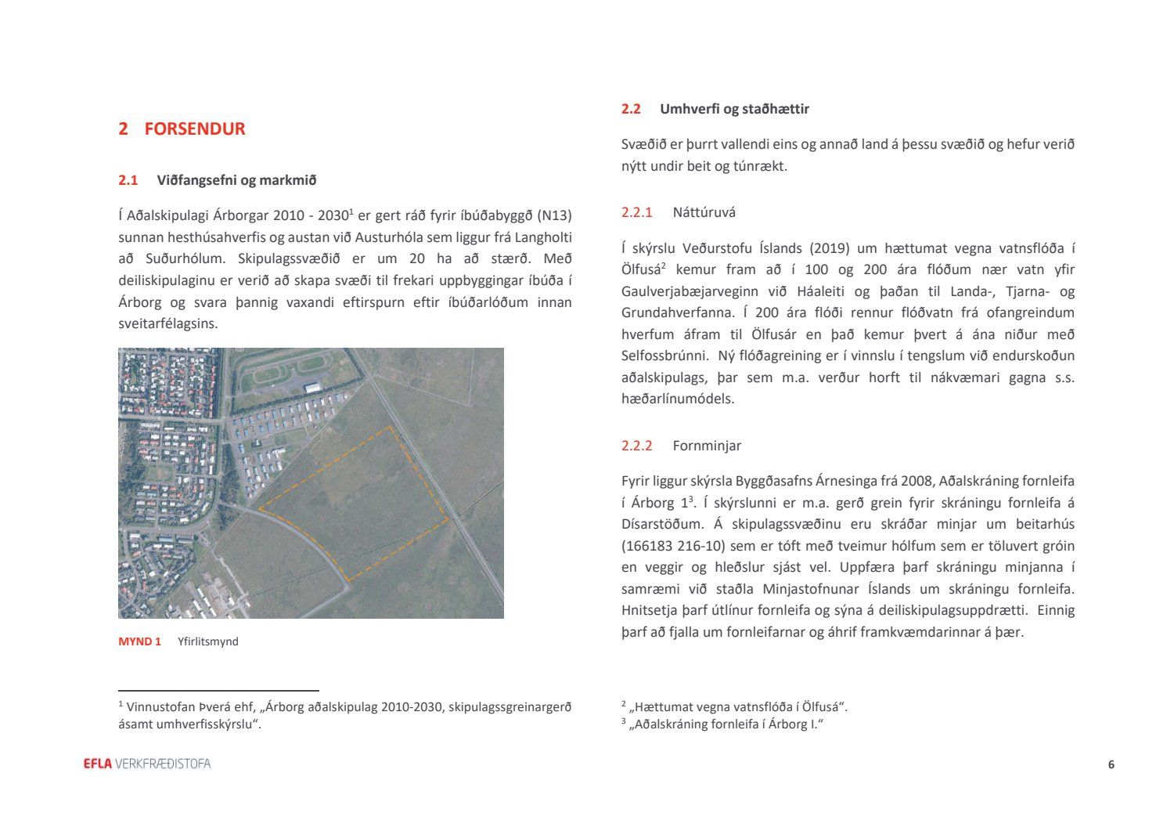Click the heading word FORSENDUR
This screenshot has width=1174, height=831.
(194, 129)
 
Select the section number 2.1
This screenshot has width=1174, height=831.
(128, 180)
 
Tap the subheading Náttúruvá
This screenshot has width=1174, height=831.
(704, 212)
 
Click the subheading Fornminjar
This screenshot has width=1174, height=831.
(706, 446)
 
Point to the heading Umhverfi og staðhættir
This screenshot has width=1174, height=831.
(734, 109)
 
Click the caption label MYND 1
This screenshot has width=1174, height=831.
(139, 641)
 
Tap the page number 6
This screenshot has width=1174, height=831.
(1111, 765)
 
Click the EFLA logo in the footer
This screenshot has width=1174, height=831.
(98, 764)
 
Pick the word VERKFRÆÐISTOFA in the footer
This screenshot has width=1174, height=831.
(163, 764)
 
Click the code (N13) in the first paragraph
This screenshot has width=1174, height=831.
(555, 215)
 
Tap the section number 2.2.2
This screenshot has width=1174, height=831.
(636, 446)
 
